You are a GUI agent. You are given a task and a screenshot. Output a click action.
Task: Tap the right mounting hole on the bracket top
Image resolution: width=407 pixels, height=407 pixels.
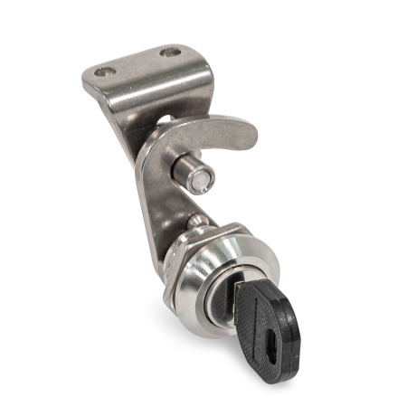click(x=170, y=52)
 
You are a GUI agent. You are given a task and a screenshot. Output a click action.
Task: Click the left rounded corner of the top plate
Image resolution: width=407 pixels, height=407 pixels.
click(x=88, y=80)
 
